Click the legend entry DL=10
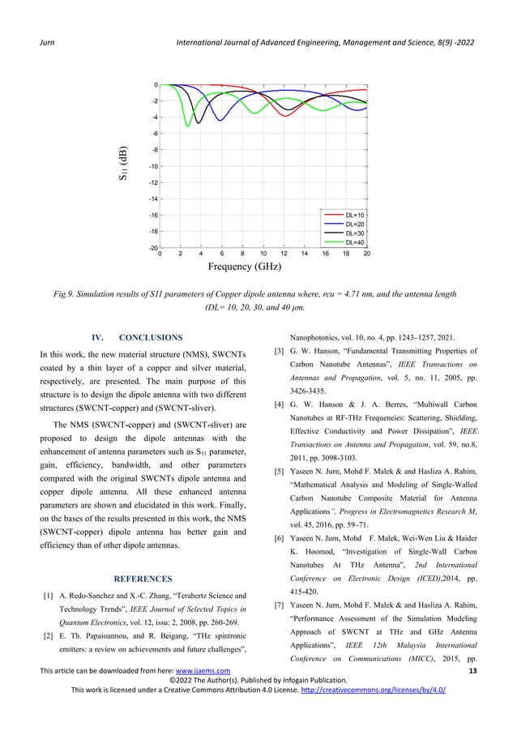pos(353,215)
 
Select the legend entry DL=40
pos(353,242)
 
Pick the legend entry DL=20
pos(353,224)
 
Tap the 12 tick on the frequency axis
pos(283,254)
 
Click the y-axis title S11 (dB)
pos(121,166)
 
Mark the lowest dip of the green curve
pos(188,126)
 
